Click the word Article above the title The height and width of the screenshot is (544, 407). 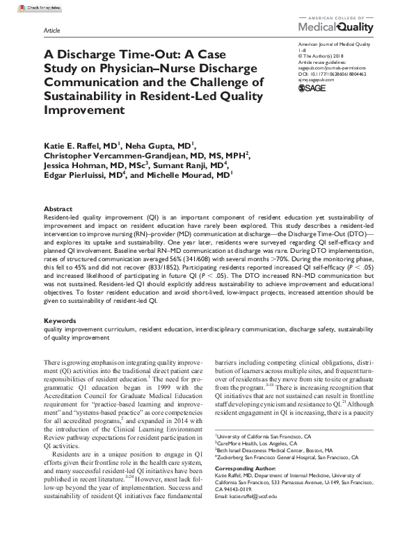(x=51, y=31)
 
